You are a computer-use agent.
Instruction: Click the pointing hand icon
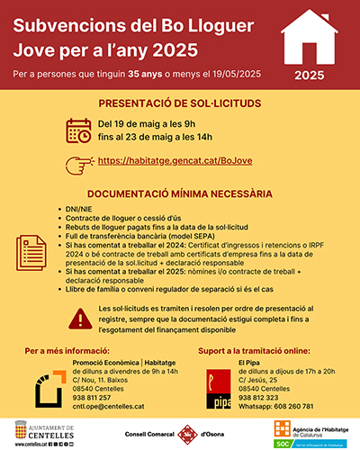coord(79,162)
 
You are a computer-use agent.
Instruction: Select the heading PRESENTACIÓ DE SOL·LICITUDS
coord(178,103)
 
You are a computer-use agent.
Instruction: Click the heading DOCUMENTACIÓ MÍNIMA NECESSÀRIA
coord(178,193)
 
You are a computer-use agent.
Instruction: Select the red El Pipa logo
coord(216,381)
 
